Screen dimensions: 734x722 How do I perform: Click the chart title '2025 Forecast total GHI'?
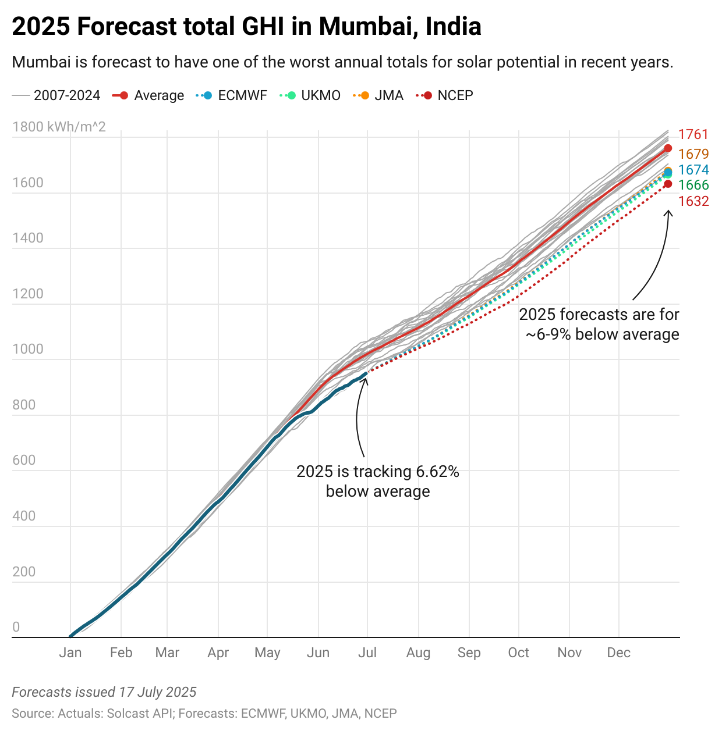[246, 27]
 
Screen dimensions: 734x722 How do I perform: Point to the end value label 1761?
[693, 134]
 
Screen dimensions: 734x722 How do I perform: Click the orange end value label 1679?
[693, 154]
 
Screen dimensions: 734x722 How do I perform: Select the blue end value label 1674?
[693, 170]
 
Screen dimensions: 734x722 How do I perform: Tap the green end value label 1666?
[693, 185]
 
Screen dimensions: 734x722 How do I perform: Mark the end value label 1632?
[693, 201]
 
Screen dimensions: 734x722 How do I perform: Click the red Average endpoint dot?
[668, 148]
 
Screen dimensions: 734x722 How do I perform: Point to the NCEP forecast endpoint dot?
[668, 184]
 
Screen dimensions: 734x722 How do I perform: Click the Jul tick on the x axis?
[367, 653]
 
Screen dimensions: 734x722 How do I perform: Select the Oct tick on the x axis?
[518, 653]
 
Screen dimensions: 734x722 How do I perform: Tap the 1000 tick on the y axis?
[27, 349]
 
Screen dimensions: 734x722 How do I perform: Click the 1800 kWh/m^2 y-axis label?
[59, 127]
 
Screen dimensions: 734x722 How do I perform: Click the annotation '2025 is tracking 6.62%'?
[377, 472]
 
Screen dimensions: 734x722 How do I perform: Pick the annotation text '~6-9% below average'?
[602, 334]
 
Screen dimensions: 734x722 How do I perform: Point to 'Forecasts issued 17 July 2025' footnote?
[104, 692]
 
